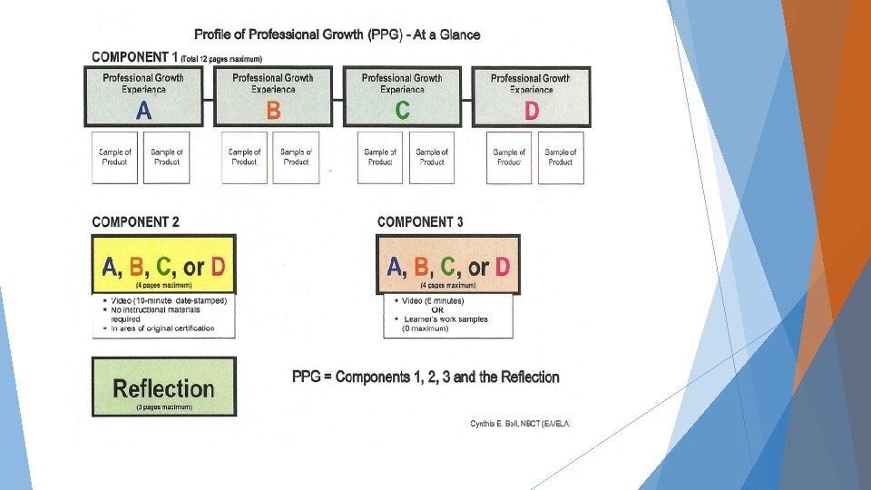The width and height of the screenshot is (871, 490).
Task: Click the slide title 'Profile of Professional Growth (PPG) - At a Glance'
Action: click(338, 34)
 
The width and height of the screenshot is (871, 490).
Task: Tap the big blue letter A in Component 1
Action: click(143, 111)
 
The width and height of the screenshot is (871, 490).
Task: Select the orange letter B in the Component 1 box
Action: click(273, 111)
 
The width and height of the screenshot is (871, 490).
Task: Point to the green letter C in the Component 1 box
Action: click(402, 111)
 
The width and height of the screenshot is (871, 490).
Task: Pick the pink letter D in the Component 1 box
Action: click(532, 111)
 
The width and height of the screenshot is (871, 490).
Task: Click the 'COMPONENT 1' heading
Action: click(135, 57)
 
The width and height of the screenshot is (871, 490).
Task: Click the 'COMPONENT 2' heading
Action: click(135, 221)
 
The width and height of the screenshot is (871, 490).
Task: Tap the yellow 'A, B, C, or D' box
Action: click(164, 265)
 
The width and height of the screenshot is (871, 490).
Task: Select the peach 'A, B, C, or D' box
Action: click(448, 265)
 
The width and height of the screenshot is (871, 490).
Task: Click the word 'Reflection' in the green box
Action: click(164, 388)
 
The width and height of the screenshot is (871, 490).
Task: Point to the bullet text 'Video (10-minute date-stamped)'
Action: click(168, 300)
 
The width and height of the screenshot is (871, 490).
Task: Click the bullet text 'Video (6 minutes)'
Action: click(434, 300)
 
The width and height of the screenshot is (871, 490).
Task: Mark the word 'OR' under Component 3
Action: click(437, 309)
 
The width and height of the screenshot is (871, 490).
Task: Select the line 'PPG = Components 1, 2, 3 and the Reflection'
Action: click(426, 377)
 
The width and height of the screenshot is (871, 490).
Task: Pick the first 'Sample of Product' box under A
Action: click(115, 158)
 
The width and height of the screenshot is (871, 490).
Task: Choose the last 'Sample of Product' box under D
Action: click(561, 158)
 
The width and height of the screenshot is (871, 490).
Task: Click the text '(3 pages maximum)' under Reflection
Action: click(164, 407)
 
